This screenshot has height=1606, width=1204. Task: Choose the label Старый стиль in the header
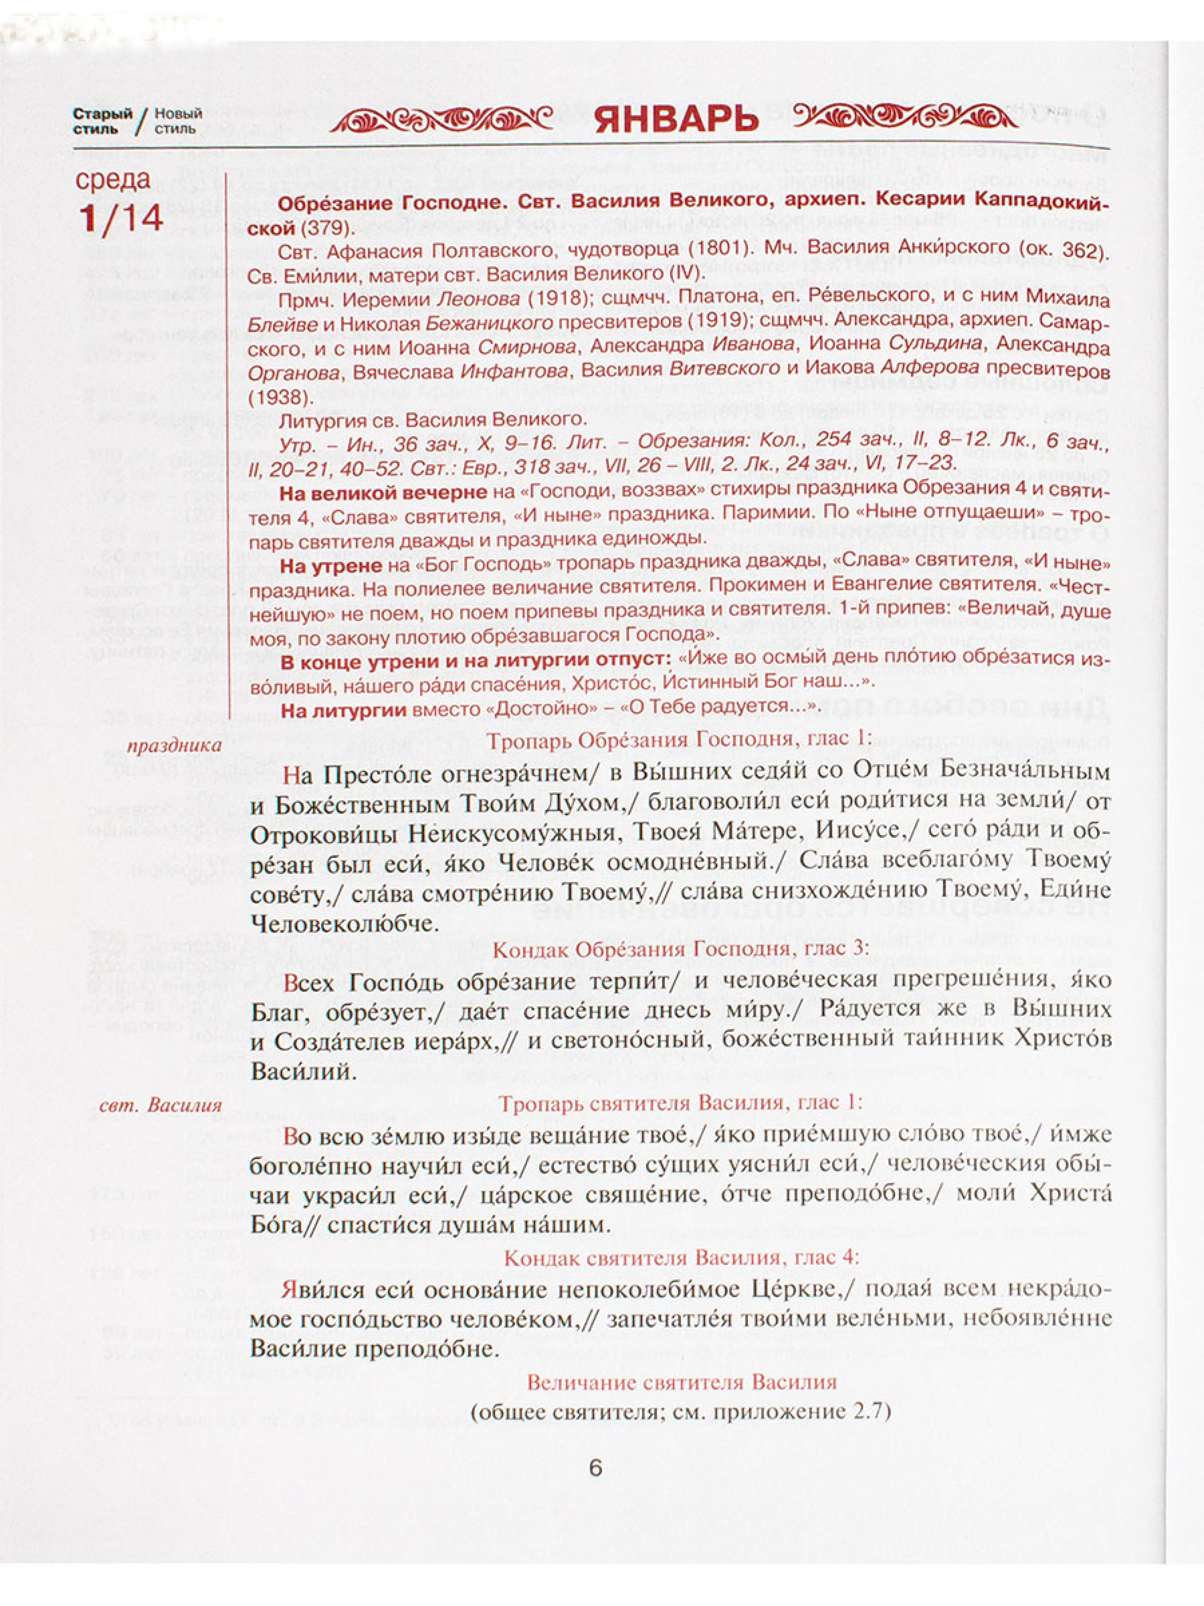pos(102,121)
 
